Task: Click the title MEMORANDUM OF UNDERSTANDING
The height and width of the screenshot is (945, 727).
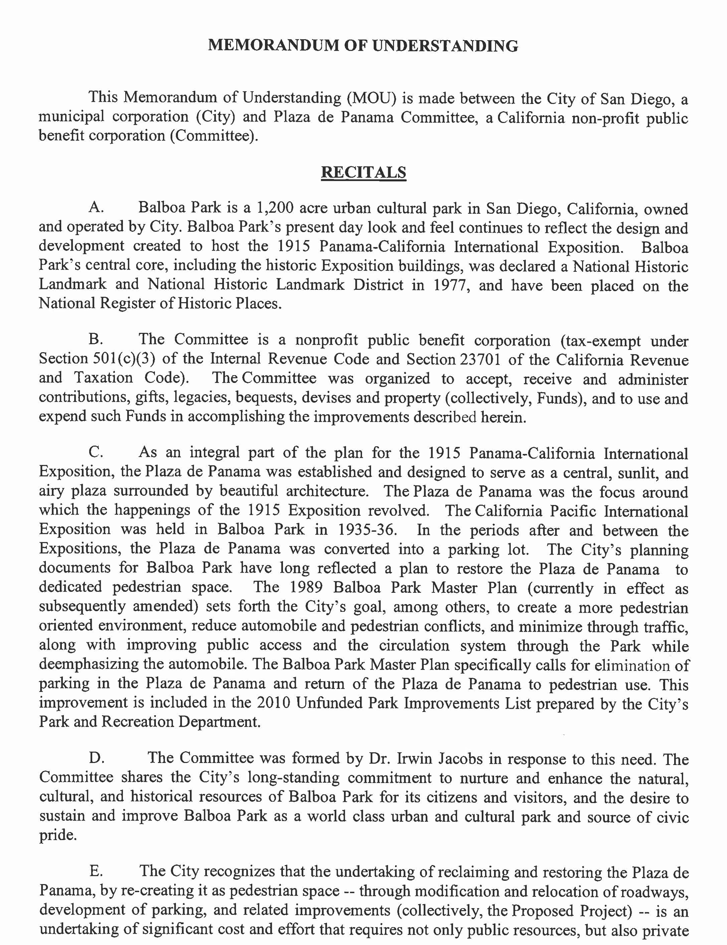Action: click(x=363, y=46)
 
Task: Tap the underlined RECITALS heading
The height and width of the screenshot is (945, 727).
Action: click(x=363, y=172)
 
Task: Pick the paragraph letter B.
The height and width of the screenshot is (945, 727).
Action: click(x=95, y=339)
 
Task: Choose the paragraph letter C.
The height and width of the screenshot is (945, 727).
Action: click(x=95, y=452)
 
